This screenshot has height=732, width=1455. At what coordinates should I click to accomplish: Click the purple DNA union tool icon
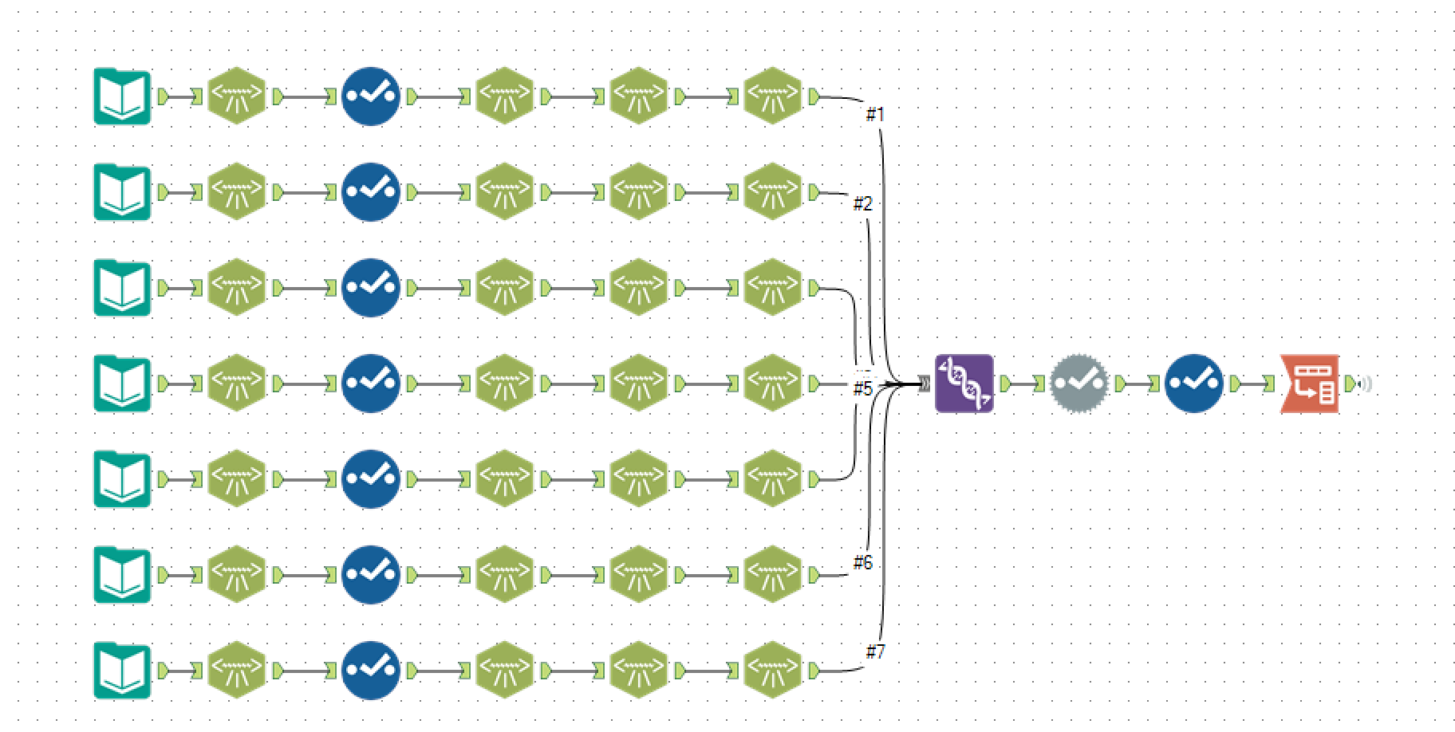964,384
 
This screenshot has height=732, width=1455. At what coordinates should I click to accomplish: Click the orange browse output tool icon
1310,384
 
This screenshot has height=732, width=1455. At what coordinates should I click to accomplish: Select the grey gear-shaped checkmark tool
1078,384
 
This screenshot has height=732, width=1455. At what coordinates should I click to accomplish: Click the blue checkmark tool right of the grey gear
1193,384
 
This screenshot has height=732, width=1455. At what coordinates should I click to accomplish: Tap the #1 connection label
875,115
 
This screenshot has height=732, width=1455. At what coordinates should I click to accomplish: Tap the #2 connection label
862,204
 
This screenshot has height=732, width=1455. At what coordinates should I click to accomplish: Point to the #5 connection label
862,388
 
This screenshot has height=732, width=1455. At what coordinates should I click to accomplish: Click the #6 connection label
862,563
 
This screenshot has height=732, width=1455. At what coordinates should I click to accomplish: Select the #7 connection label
875,652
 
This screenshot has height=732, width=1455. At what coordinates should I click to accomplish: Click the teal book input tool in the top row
122,96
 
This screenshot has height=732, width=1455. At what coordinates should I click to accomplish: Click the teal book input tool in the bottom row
122,671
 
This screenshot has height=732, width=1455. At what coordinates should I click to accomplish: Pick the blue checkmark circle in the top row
370,96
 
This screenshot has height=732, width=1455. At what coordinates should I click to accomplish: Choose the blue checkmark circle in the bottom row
370,671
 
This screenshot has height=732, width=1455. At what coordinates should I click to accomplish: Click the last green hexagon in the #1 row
772,96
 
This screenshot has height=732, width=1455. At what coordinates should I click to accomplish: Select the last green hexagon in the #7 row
772,671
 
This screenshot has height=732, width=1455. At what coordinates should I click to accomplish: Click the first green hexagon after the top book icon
236,96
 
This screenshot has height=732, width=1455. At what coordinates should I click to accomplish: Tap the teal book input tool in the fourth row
122,384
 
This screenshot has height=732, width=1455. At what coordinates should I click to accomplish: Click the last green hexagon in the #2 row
772,192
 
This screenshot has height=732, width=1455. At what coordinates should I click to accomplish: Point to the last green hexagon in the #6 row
772,575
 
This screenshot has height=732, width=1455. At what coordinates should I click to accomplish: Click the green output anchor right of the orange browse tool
1349,384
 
